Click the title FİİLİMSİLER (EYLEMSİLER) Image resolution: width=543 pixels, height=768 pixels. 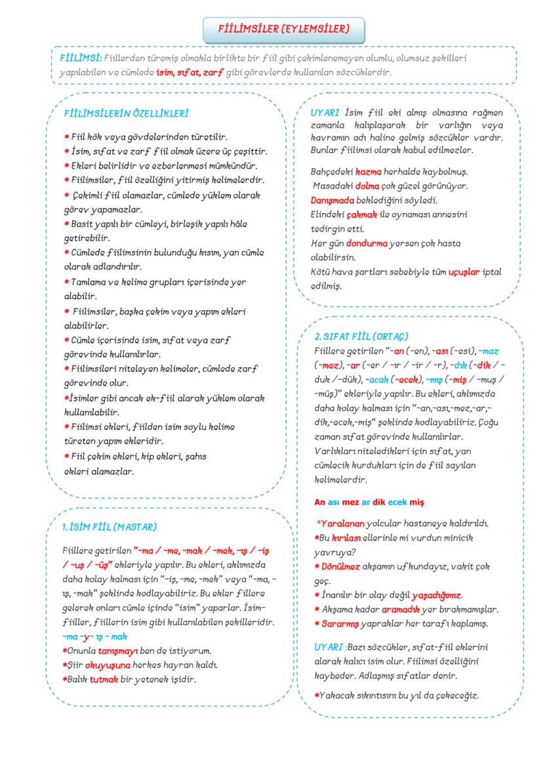click(x=283, y=29)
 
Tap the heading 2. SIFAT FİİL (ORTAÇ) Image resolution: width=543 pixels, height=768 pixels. click(x=361, y=336)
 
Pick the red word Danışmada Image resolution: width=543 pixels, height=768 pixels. click(x=332, y=200)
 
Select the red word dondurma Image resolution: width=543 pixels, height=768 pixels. click(x=367, y=243)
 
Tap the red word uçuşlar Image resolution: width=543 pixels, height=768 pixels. click(x=464, y=272)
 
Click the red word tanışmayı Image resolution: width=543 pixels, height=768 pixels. click(x=119, y=651)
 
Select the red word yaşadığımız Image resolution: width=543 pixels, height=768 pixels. click(x=436, y=596)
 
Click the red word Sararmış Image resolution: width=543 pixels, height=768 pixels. click(x=341, y=623)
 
